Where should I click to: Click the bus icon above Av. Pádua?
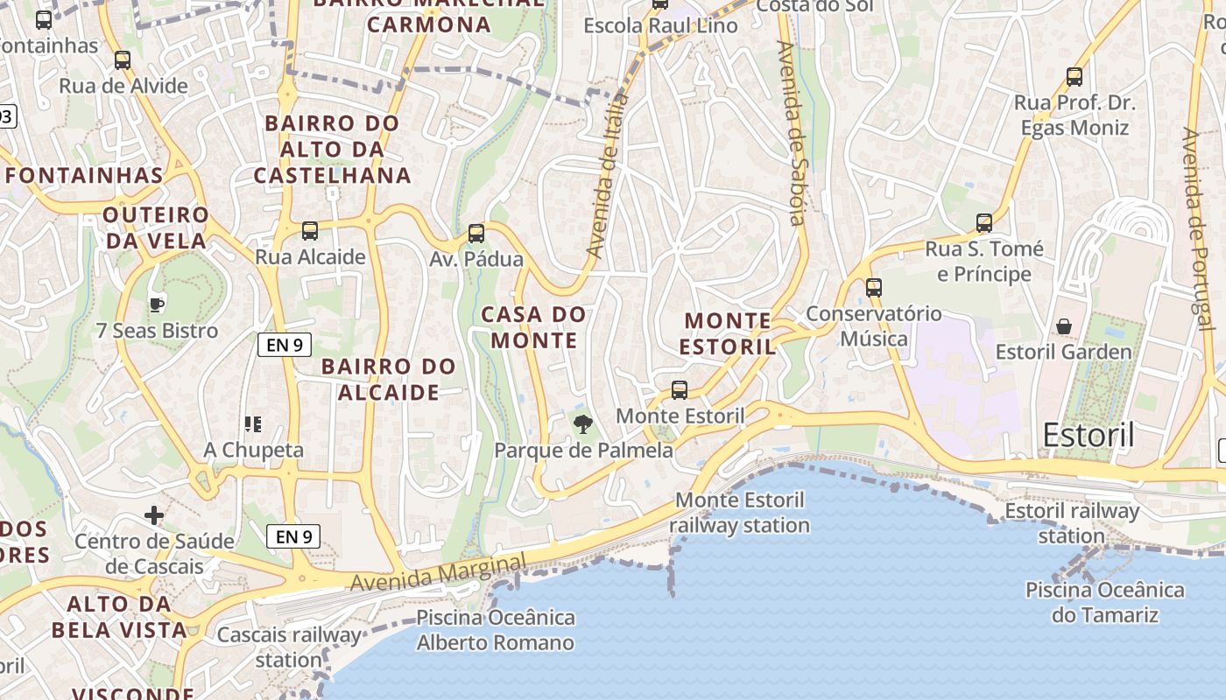476,234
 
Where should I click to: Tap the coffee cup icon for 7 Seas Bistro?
157,304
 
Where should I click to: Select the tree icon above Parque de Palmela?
582,425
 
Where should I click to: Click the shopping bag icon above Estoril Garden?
1064,326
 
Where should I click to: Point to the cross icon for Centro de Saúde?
154,515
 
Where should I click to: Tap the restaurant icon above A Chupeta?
253,425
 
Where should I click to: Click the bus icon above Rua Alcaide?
310,231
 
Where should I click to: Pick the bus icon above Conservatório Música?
873,287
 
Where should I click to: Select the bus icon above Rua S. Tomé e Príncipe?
984,223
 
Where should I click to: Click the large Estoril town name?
1089,435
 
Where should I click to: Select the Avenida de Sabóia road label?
792,133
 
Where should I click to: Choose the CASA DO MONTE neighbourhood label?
533,327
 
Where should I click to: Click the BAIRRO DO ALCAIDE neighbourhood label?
388,379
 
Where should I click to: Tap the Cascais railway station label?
289,647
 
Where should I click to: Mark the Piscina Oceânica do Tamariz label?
1104,602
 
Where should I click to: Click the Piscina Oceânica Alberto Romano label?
496,630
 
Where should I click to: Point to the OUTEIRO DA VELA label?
156,227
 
